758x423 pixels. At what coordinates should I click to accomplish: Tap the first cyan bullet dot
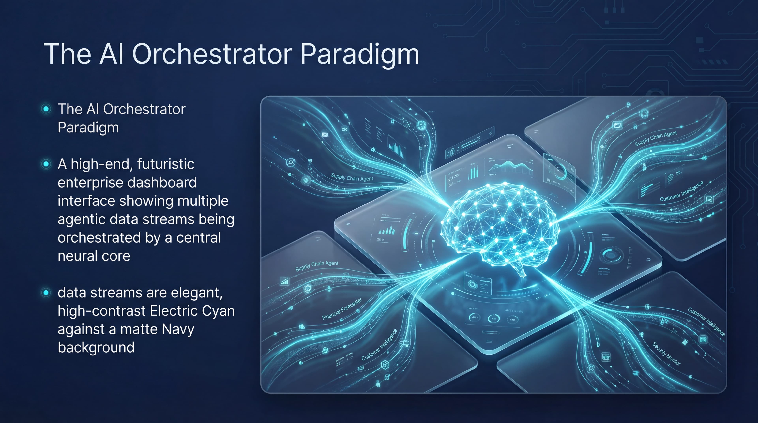click(46, 109)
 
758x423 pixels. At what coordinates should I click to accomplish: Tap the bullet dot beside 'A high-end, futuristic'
click(46, 164)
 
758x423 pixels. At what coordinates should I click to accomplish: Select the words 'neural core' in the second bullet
click(94, 256)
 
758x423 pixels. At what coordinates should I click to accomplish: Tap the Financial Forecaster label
click(342, 310)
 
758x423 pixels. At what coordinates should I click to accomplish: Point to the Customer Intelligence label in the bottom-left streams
click(380, 345)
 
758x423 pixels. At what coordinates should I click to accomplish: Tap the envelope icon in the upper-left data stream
click(325, 135)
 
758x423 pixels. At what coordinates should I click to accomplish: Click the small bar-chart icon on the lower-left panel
click(284, 281)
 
